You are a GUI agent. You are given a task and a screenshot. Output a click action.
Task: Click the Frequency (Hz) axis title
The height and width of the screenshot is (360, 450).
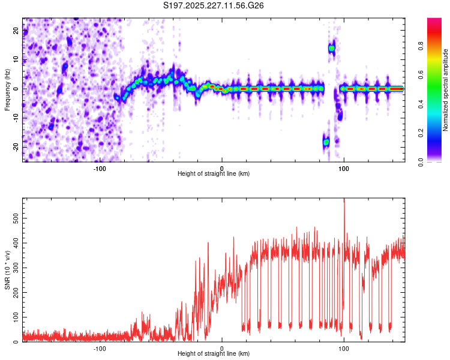pos(7,89)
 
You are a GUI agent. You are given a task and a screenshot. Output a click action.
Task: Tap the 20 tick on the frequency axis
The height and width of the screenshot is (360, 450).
pos(17,31)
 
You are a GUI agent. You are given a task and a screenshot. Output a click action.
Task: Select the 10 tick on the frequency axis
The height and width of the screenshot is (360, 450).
pos(17,60)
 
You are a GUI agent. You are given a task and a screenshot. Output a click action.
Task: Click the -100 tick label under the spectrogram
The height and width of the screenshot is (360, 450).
pos(100,168)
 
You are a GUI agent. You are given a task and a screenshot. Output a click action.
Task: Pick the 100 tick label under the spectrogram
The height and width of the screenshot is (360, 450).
pos(344,168)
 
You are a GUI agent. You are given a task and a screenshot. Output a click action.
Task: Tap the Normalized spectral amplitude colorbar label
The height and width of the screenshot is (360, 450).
pos(445,90)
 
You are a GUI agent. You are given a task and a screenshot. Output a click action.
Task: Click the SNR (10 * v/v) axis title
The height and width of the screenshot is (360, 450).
pos(7,269)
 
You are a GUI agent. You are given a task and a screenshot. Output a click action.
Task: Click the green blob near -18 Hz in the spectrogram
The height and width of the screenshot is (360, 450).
pos(326,142)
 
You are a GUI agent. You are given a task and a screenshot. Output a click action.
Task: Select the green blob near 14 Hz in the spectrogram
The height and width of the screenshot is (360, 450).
pos(331,48)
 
